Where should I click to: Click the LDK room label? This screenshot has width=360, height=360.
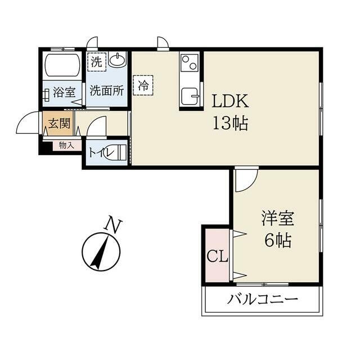pyautogui.click(x=230, y=101)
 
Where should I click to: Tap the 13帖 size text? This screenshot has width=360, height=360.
pyautogui.click(x=231, y=123)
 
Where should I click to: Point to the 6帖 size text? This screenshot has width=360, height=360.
pyautogui.click(x=278, y=240)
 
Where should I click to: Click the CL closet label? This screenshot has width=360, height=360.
pyautogui.click(x=217, y=256)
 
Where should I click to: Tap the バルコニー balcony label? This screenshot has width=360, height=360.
pyautogui.click(x=263, y=299)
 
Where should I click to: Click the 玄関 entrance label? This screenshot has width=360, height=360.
pyautogui.click(x=59, y=124)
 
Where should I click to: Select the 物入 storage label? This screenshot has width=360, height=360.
pyautogui.click(x=66, y=145)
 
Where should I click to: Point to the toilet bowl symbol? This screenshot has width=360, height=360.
pyautogui.click(x=115, y=152)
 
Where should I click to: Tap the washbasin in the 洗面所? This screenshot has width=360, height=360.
pyautogui.click(x=118, y=59)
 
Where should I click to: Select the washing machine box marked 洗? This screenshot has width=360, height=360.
pyautogui.click(x=97, y=62)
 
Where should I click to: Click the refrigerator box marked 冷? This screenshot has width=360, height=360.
pyautogui.click(x=143, y=85)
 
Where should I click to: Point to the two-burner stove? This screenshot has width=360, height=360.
pyautogui.click(x=190, y=62)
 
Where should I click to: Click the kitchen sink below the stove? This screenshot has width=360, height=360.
pyautogui.click(x=190, y=96)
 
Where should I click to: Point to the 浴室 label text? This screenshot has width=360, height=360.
pyautogui.click(x=64, y=92)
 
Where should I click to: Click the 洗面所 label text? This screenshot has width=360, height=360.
pyautogui.click(x=107, y=91)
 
